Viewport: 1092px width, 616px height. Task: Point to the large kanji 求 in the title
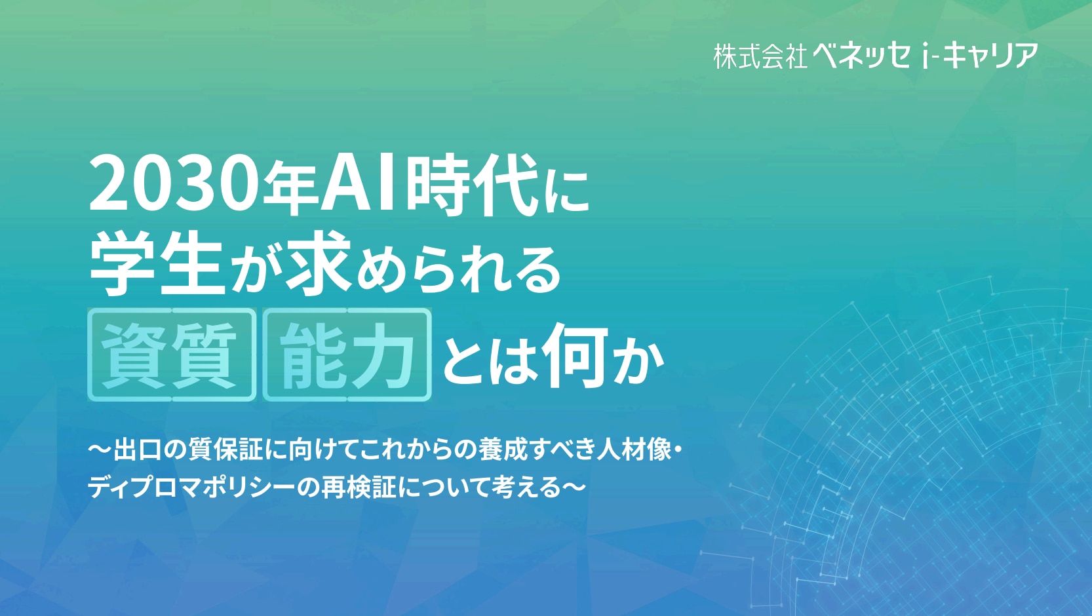(319, 263)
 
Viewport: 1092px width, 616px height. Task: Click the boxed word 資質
(172, 355)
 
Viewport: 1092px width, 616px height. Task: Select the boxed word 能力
(347, 355)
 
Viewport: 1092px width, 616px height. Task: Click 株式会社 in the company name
(760, 56)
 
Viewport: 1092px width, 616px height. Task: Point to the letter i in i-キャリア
(925, 56)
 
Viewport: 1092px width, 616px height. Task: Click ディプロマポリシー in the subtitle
(192, 488)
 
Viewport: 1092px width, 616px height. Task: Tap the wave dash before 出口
(100, 450)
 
